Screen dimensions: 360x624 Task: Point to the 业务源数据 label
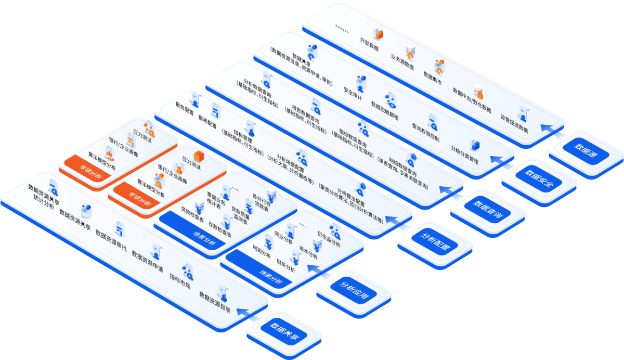(402, 61)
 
